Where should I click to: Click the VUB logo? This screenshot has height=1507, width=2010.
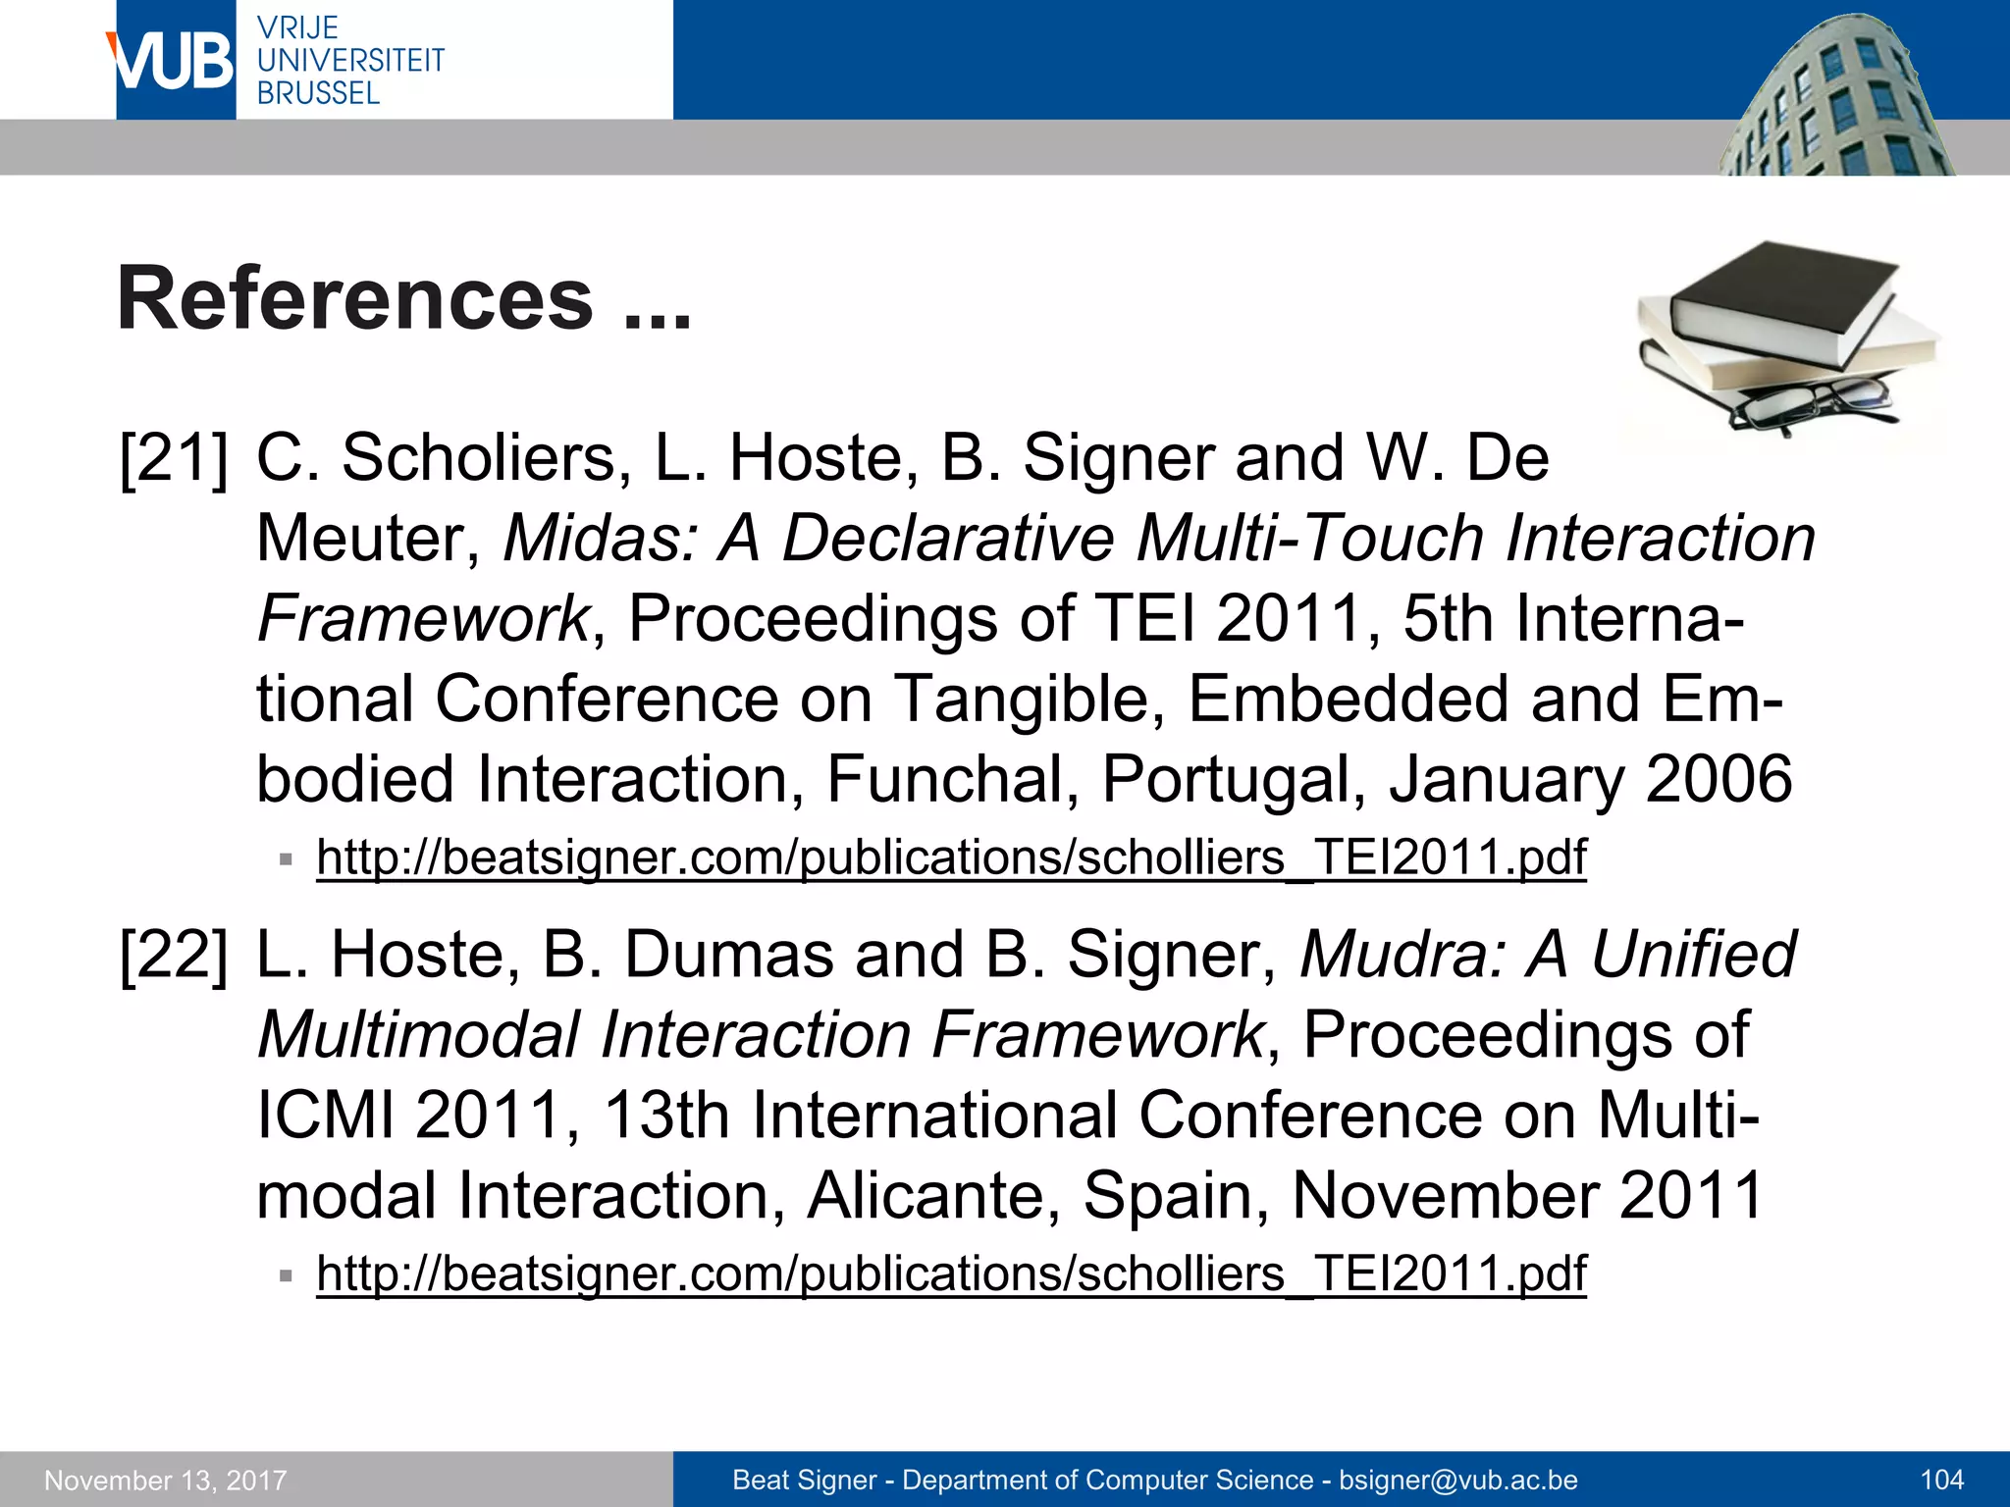tap(175, 61)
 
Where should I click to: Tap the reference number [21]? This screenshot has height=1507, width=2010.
tap(174, 459)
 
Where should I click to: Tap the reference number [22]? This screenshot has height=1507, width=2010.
tap(174, 956)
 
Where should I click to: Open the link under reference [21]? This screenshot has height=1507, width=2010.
tap(950, 857)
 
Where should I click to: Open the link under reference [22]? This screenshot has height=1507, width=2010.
tap(950, 1273)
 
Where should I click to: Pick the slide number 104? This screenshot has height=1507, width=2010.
tap(1941, 1480)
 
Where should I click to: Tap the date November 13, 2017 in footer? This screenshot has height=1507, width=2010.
tap(166, 1480)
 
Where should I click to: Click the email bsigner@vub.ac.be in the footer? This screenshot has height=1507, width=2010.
tap(1458, 1480)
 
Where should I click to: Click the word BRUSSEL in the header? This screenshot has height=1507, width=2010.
tap(318, 93)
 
